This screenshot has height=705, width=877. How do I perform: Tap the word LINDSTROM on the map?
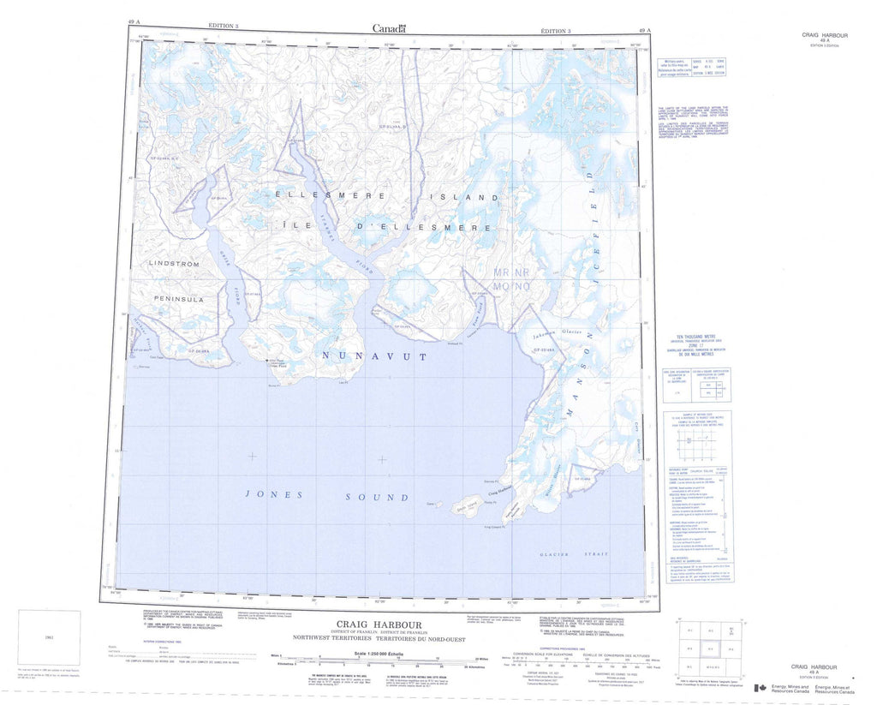174,264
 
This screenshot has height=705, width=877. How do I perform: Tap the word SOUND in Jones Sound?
377,497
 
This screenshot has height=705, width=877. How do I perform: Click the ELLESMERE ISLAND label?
388,196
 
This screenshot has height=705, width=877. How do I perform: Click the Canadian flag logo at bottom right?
759,688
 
